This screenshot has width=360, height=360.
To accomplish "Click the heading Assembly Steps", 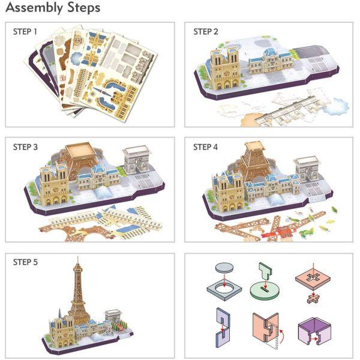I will click(x=53, y=8).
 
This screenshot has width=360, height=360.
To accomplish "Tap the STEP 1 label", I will click(x=26, y=32).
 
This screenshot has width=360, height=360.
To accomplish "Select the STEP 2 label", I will click(x=206, y=32).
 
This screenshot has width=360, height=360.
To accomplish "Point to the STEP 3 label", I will click(x=26, y=147).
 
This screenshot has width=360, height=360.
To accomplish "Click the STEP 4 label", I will click(x=206, y=147).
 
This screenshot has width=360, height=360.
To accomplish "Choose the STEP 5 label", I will click(x=26, y=262).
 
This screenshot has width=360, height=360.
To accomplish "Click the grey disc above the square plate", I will click(x=224, y=268).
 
